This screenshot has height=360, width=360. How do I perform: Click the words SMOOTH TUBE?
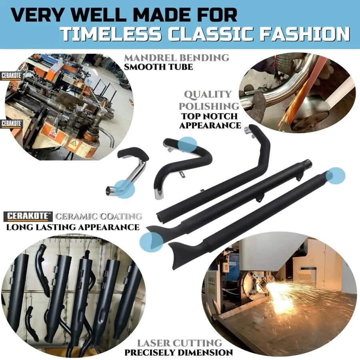click(x=158, y=67)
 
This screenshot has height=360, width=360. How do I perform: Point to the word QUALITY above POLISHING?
click(x=208, y=94)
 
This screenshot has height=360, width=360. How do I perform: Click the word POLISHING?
click(x=209, y=106)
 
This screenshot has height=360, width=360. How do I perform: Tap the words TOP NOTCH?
click(x=209, y=116)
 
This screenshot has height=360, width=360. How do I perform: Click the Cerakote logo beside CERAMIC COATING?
click(x=28, y=216)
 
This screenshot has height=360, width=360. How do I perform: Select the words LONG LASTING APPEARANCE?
click(x=73, y=227)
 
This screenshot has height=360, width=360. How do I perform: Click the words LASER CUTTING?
click(x=180, y=343)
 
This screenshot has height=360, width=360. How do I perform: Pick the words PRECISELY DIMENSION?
click(x=179, y=352)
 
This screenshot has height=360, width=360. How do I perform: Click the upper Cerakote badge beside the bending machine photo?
click(x=12, y=76)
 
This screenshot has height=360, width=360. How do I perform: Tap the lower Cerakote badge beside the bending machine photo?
click(x=12, y=124)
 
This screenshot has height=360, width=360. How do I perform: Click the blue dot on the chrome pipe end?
click(x=124, y=189)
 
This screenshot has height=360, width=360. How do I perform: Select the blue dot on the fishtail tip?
click(x=151, y=242)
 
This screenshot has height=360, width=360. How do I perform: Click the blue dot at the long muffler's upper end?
click(x=336, y=176)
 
